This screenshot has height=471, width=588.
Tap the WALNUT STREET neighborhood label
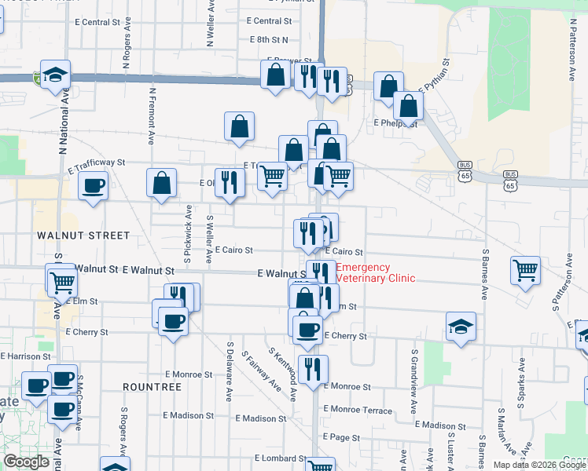(82, 235)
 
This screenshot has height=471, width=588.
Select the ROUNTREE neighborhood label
(153, 387)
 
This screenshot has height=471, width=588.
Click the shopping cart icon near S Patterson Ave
(525, 271)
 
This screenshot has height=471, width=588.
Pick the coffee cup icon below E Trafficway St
(94, 186)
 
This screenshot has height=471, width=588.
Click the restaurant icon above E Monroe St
(313, 369)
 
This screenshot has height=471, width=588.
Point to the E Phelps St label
(395, 123)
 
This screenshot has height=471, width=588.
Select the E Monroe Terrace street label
(355, 410)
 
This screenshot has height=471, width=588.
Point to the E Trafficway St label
(96, 162)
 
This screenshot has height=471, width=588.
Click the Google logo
(26, 462)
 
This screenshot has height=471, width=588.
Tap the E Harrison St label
(26, 356)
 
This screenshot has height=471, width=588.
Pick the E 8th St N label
(269, 39)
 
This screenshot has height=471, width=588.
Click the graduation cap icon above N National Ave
(55, 75)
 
